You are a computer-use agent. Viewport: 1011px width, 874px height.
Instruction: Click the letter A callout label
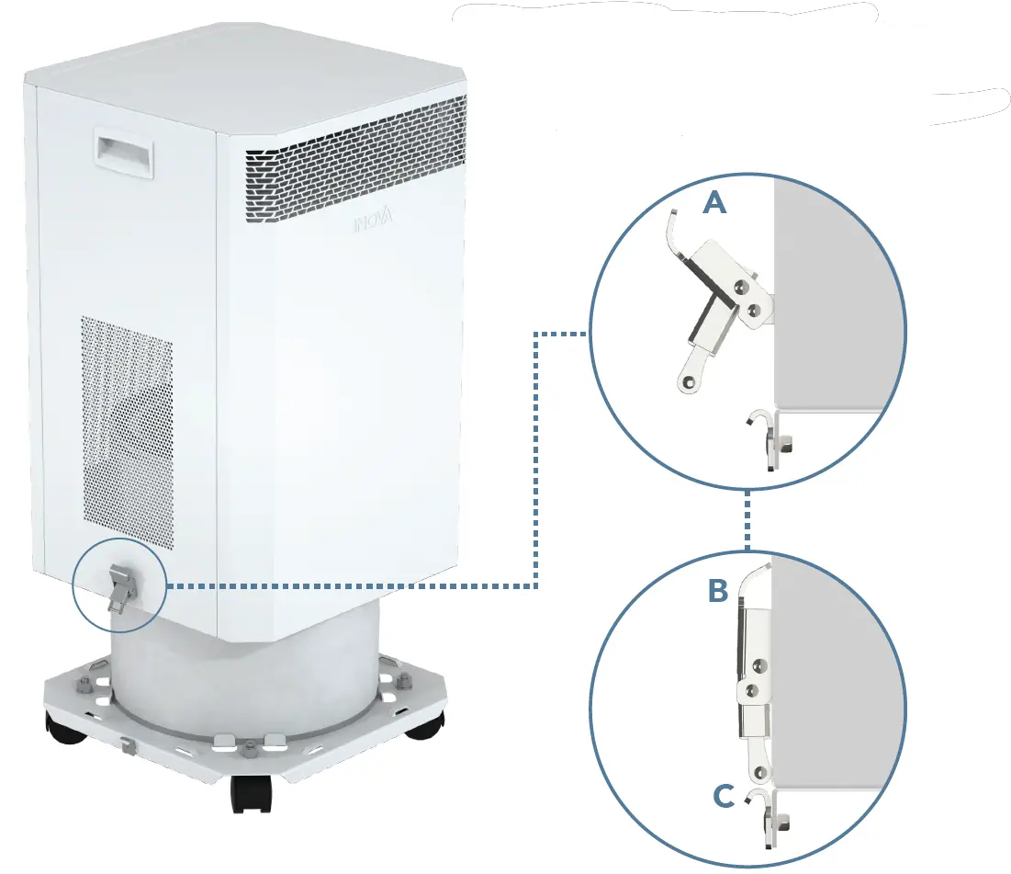(714, 203)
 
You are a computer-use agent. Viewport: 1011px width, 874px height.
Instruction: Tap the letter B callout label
(718, 592)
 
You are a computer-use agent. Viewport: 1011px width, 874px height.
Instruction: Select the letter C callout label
(723, 797)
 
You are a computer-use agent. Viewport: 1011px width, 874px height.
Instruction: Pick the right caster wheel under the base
(425, 724)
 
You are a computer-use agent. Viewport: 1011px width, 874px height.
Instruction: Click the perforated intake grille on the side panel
(127, 432)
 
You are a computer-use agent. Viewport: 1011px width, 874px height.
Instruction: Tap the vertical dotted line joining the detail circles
(748, 521)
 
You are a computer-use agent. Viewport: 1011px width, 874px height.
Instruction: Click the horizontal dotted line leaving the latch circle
(349, 585)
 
